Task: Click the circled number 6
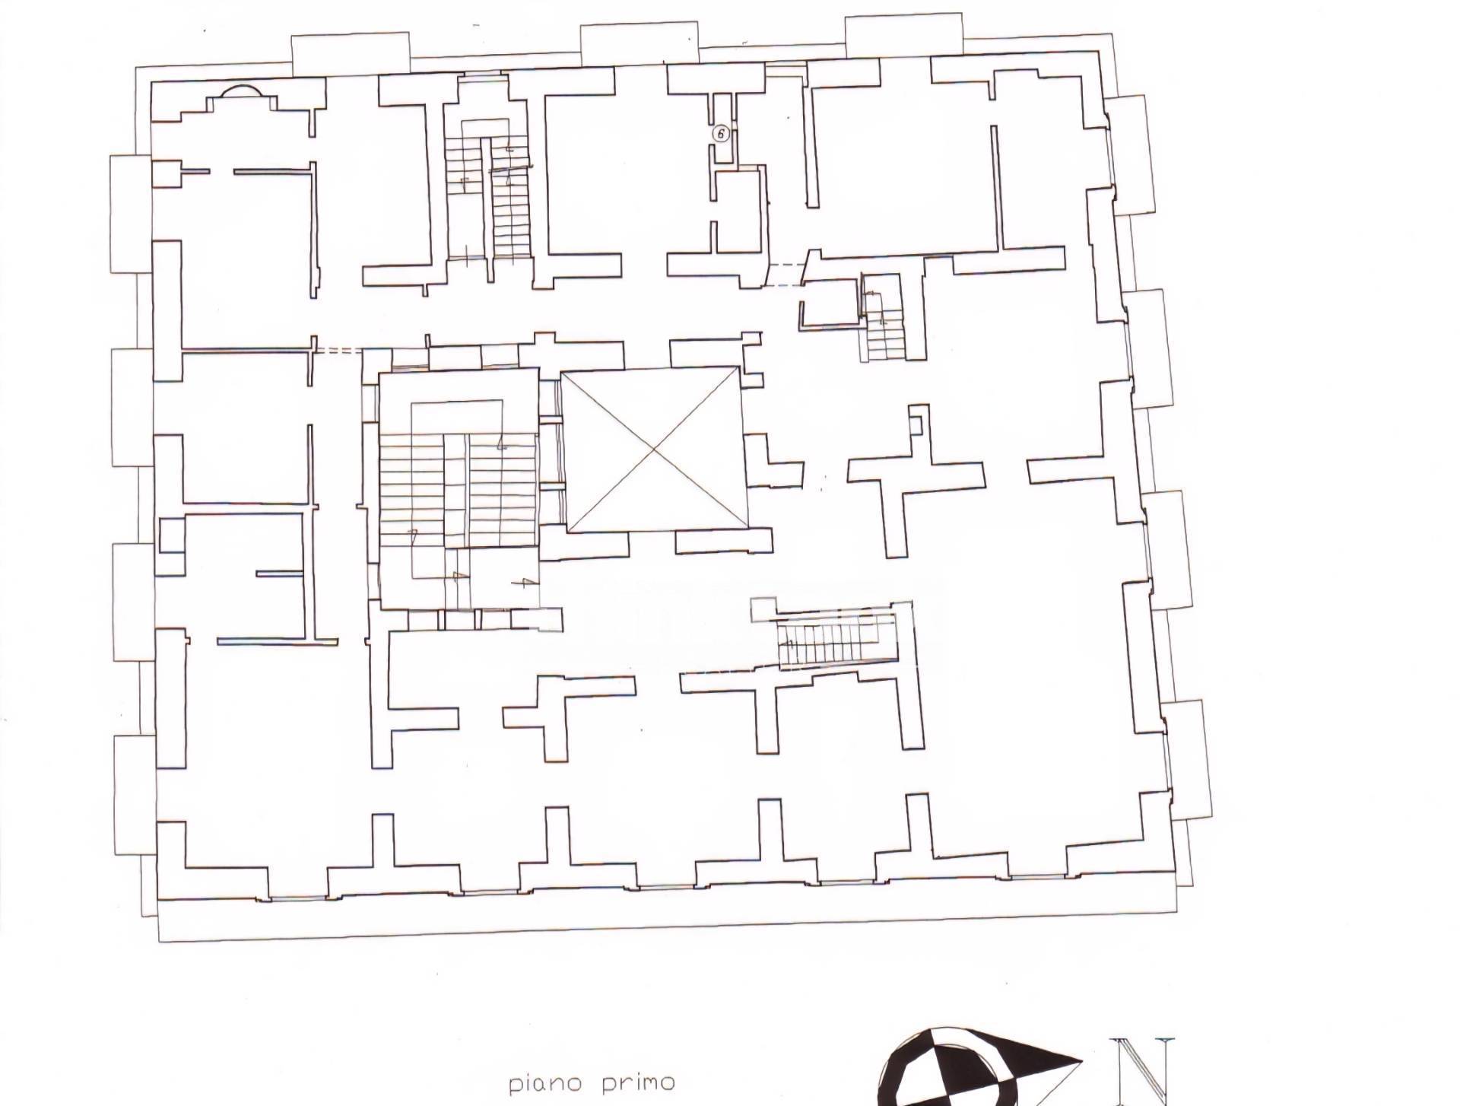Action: click(720, 134)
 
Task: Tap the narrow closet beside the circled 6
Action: click(723, 129)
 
